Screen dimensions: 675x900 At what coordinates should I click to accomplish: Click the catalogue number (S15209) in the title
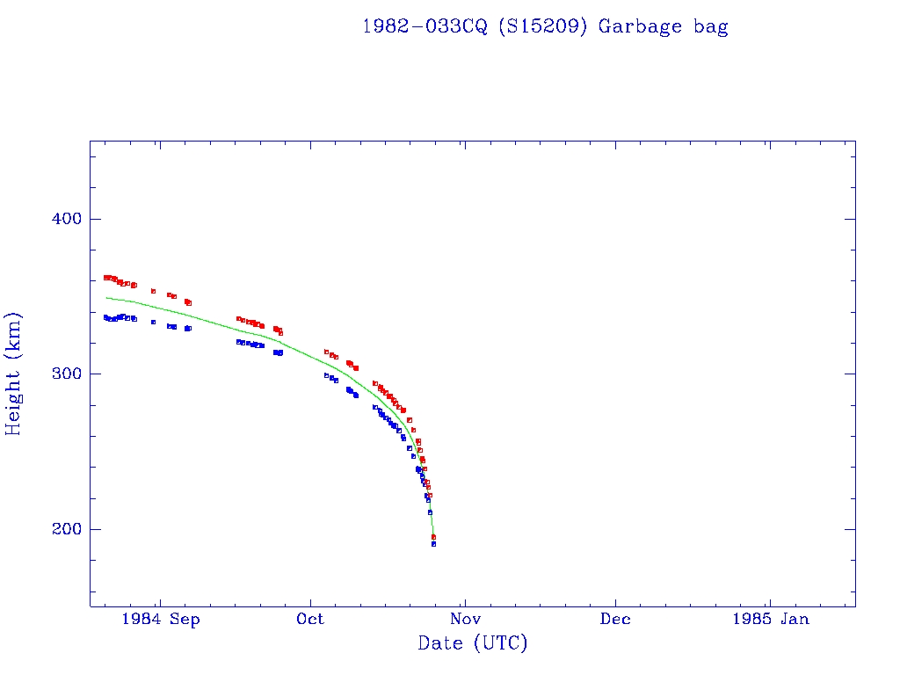(543, 26)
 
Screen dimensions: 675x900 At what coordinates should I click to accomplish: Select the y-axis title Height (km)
(14, 374)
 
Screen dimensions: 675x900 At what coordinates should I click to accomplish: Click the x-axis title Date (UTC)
(473, 643)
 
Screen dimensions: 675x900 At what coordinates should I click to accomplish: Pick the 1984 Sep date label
(161, 619)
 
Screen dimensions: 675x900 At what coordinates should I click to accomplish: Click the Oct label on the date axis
(310, 619)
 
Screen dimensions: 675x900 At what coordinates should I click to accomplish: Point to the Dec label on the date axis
(615, 619)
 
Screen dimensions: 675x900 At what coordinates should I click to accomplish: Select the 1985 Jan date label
(770, 619)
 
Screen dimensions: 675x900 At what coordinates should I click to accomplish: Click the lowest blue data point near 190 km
(433, 544)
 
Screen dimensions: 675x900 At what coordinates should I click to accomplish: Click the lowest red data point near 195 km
(433, 536)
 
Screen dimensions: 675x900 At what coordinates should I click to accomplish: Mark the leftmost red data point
(105, 278)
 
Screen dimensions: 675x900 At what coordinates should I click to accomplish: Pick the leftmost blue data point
(105, 317)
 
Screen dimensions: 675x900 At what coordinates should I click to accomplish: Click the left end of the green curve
(106, 298)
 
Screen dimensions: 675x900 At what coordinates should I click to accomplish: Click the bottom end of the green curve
(433, 535)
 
